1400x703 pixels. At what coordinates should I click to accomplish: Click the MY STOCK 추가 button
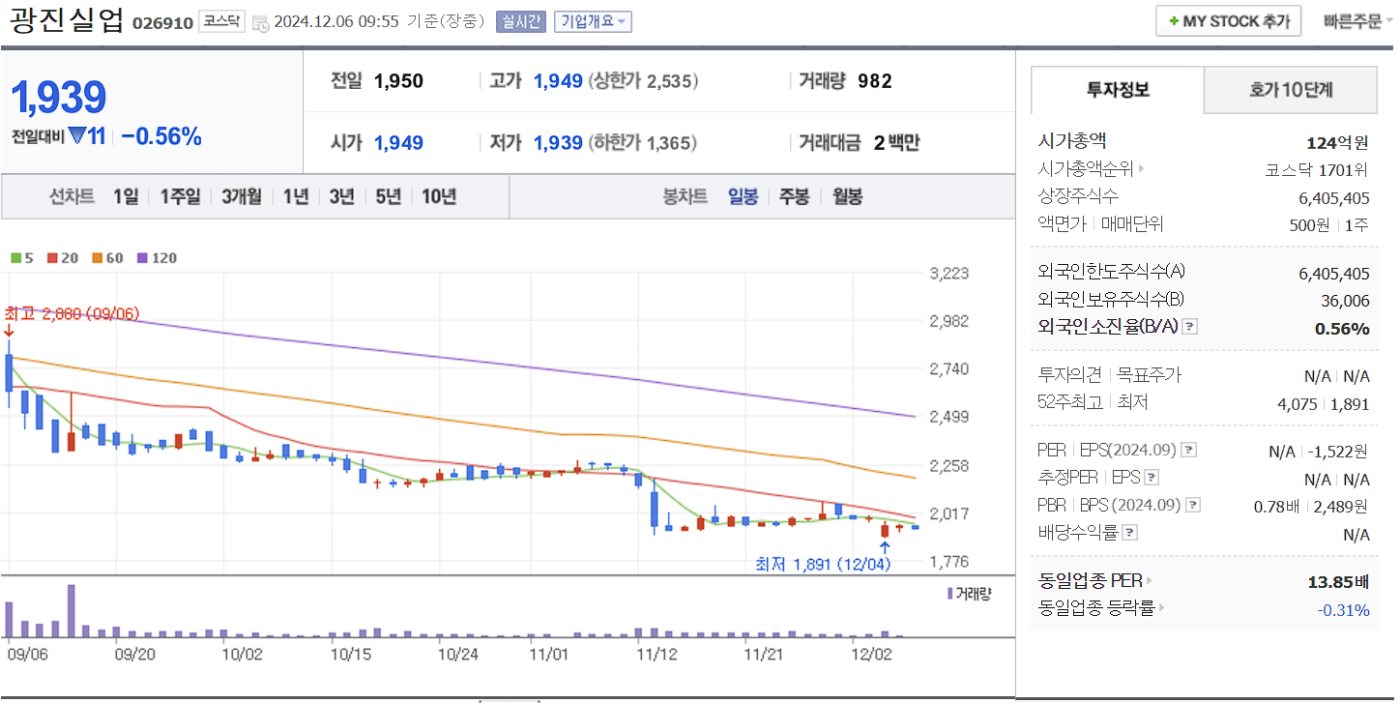coord(1228,21)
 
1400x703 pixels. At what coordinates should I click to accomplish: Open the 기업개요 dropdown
coord(593,21)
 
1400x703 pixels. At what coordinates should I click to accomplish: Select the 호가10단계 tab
coord(1290,90)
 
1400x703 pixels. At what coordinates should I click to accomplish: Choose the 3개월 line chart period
coord(241,196)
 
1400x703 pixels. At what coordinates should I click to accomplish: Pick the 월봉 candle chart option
coord(847,196)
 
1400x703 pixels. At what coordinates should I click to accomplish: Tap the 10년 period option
coord(439,196)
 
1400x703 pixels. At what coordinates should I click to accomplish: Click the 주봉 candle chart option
coord(794,196)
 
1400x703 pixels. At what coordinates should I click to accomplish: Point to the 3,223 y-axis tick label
coord(948,273)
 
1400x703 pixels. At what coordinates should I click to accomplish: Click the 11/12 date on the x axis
coord(656,654)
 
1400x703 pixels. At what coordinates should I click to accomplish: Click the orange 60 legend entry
coord(108,258)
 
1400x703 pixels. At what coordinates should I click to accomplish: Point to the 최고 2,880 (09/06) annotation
coord(72,314)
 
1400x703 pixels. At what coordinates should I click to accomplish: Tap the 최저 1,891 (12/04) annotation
coord(822,564)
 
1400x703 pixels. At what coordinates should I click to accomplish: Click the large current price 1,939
coord(58,98)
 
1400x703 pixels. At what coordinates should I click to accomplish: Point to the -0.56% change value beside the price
coord(161,136)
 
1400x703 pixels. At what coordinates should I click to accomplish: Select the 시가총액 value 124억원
coord(1337,143)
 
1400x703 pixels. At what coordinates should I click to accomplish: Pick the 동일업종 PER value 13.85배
coord(1338,581)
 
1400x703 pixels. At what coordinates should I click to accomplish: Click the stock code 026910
coord(162,22)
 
